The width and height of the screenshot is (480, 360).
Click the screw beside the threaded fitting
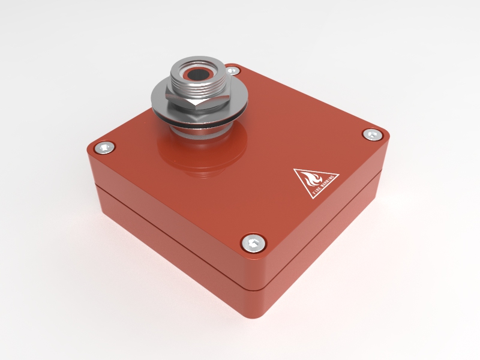coord(235,71)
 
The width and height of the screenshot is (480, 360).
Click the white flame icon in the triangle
coord(312,179)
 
